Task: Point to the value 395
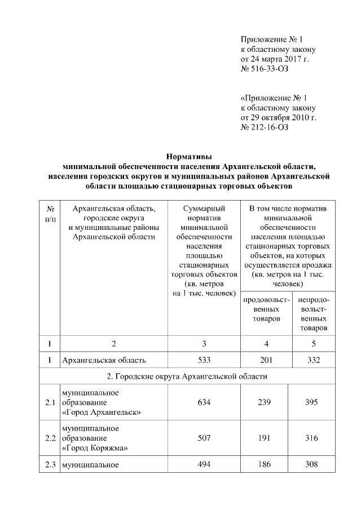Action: (x=310, y=402)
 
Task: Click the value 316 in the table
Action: (x=310, y=438)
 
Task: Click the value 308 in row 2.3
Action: (x=310, y=465)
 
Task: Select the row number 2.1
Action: (x=50, y=402)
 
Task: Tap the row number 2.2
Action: (x=50, y=438)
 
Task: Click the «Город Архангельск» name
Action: (x=102, y=413)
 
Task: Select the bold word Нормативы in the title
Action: (x=189, y=156)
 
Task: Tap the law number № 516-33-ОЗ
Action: (x=264, y=68)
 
